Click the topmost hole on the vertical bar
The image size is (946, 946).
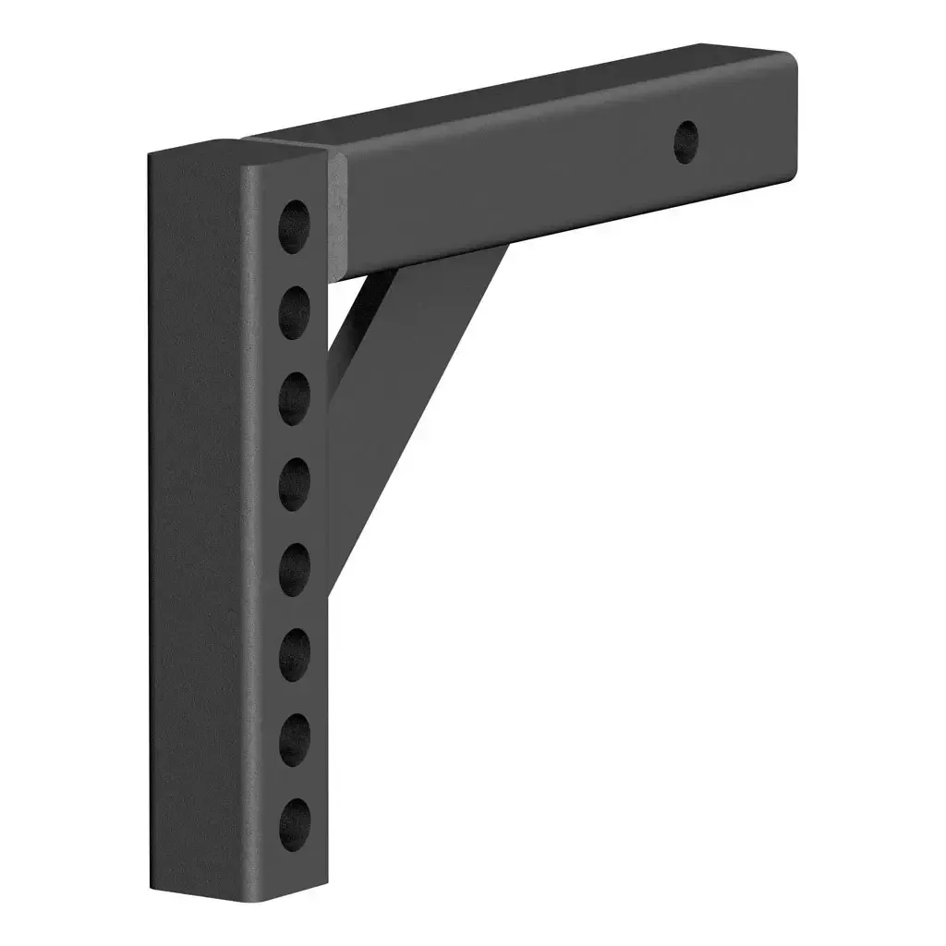294,226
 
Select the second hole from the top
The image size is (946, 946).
294,312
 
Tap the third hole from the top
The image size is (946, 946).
294,397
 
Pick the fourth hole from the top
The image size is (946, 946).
294,482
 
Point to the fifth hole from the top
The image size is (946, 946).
294,568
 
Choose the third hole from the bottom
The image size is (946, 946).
294,653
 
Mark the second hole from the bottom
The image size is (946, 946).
294,738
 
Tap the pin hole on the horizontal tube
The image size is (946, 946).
685,142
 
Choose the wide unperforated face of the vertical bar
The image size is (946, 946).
199,517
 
